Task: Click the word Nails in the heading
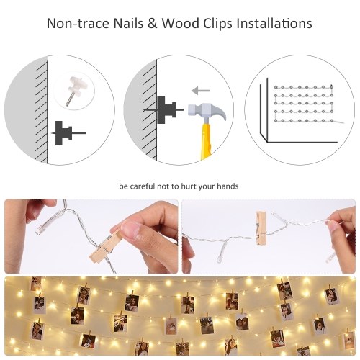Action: [128, 24]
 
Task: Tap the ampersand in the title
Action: [152, 24]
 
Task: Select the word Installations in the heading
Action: [274, 24]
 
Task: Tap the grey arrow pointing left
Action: [201, 91]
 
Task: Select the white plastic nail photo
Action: [73, 91]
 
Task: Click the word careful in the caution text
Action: [143, 186]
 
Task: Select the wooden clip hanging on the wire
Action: [261, 228]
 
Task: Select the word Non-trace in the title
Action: [78, 24]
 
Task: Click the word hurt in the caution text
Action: [189, 186]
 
